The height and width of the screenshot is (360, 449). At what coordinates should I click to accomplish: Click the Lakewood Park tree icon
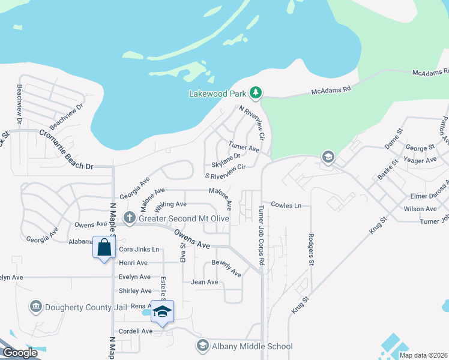256,92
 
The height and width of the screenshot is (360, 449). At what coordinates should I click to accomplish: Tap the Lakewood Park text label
218,94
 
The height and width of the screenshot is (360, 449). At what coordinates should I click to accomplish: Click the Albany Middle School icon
202,346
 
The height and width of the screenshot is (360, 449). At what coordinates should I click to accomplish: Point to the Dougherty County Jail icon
35,307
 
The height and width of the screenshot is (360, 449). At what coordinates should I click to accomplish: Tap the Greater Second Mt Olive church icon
128,218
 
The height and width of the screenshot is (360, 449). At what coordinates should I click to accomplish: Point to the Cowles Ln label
285,205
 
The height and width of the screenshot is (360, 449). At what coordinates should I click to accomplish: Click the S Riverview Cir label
226,172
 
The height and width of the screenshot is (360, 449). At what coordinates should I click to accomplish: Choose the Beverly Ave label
226,268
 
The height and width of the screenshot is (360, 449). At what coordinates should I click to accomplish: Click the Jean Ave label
204,282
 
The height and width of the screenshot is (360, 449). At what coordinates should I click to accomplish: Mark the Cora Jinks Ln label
139,249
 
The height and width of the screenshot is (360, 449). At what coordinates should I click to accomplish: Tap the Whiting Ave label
170,206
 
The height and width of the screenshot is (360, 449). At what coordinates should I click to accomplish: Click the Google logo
19,353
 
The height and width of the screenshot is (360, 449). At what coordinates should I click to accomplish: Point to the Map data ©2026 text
424,355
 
